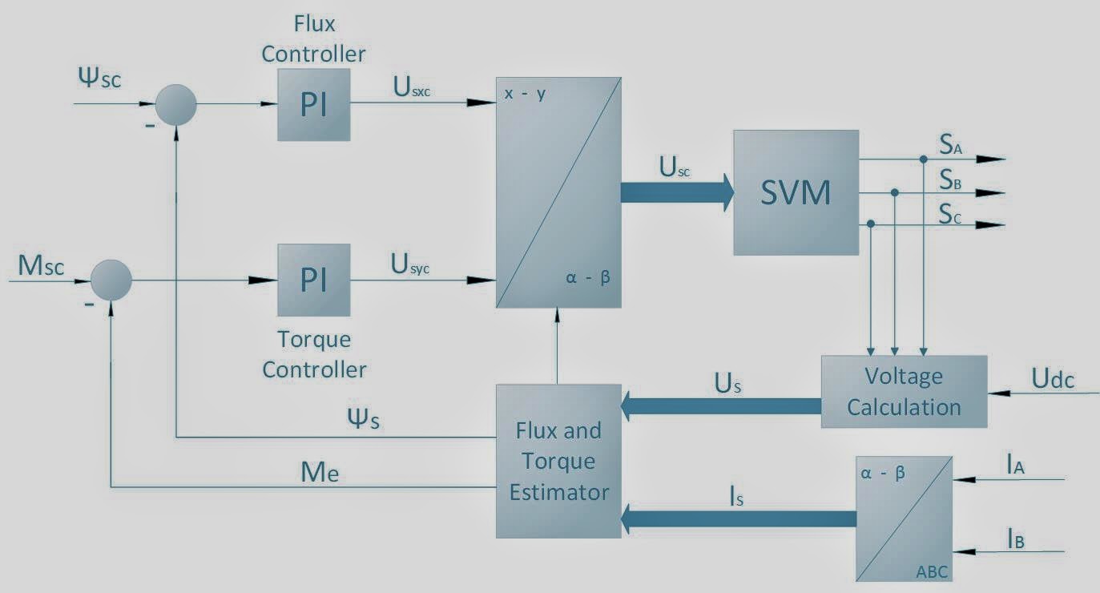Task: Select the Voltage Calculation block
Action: (x=904, y=392)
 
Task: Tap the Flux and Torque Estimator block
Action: (x=558, y=461)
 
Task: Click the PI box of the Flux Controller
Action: (x=313, y=105)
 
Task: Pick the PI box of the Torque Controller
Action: (x=313, y=280)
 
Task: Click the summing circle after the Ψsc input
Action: (x=175, y=104)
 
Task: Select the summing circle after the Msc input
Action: (x=111, y=280)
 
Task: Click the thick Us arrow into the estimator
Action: (x=721, y=405)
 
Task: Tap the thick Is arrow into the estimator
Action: (x=737, y=518)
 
